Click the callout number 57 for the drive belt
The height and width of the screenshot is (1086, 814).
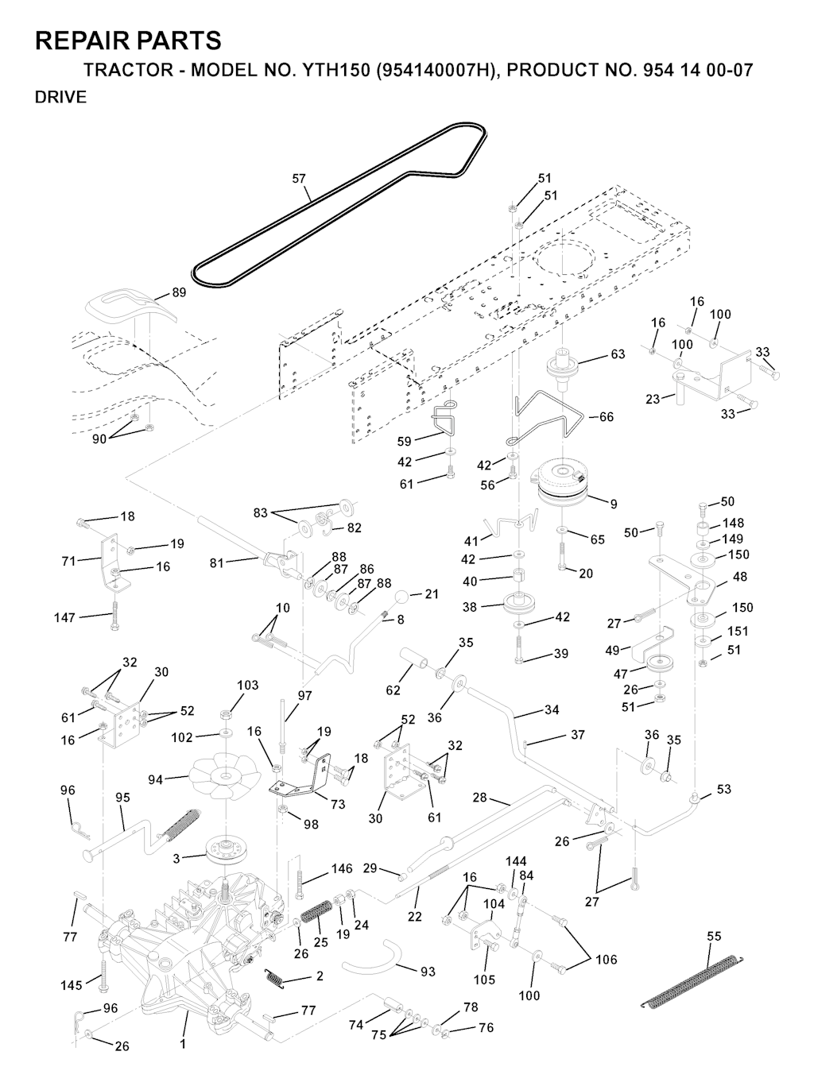[x=299, y=179]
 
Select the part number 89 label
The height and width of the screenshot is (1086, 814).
[x=179, y=292]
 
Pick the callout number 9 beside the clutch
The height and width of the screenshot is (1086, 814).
[x=614, y=504]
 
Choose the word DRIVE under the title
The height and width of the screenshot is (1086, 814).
[x=60, y=98]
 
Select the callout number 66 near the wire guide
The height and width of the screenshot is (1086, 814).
[x=606, y=417]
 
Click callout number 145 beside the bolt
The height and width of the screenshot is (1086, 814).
[x=72, y=985]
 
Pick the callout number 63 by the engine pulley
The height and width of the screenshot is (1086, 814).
[x=618, y=354]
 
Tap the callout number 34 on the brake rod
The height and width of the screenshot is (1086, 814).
[x=552, y=709]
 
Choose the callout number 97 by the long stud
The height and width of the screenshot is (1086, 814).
[x=304, y=695]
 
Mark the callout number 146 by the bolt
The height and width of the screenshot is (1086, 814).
[x=342, y=869]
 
